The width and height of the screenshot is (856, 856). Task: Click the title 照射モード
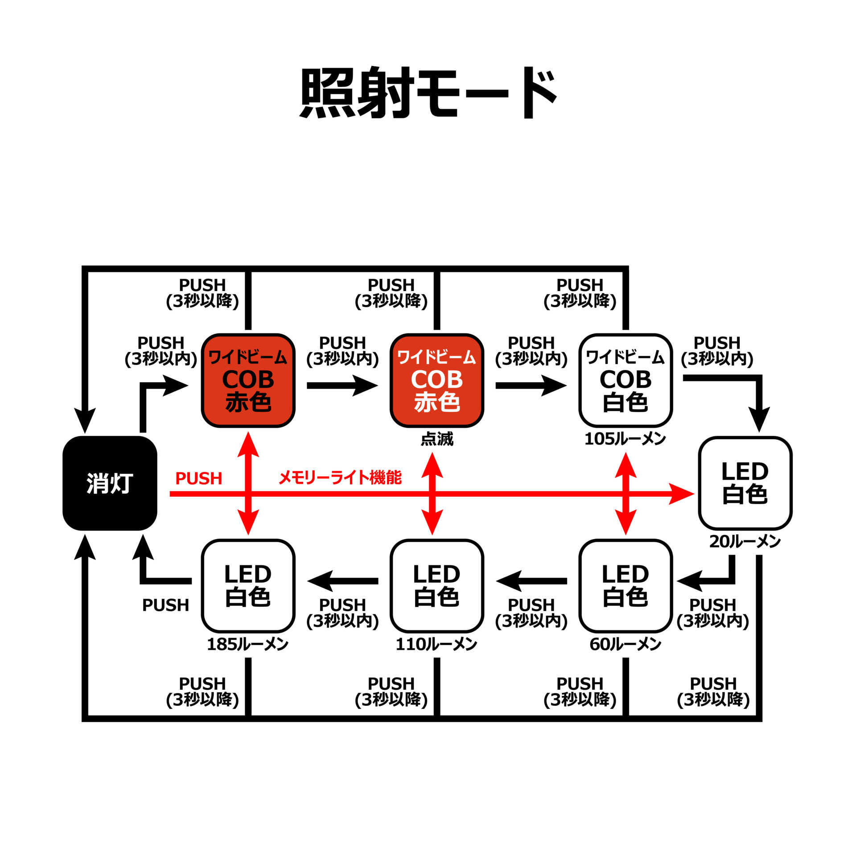point(428,93)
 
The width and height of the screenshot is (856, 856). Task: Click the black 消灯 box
point(110,483)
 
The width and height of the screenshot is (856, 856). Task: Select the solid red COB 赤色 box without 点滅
point(248,380)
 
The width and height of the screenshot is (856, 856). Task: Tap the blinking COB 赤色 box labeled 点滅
point(437,380)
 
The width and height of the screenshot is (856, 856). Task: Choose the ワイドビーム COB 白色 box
point(626,380)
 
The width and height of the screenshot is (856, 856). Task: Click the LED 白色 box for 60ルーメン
point(626,586)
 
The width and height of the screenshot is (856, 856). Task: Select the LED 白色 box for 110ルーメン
point(437,586)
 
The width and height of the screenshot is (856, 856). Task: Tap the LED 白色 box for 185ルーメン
point(248,586)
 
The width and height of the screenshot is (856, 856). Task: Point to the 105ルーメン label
point(625,439)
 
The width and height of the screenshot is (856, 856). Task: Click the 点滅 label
point(437,439)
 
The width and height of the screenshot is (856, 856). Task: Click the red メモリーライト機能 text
point(340,477)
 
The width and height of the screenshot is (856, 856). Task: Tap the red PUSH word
point(199,478)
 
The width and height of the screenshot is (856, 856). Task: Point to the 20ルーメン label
point(745,542)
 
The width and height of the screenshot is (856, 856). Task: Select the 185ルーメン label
point(248,644)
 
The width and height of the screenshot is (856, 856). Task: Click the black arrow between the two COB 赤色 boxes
point(342,385)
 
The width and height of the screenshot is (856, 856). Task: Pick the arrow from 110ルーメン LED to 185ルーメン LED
point(342,581)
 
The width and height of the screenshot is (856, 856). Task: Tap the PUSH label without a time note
point(165,605)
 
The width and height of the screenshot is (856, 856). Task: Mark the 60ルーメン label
point(625,644)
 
